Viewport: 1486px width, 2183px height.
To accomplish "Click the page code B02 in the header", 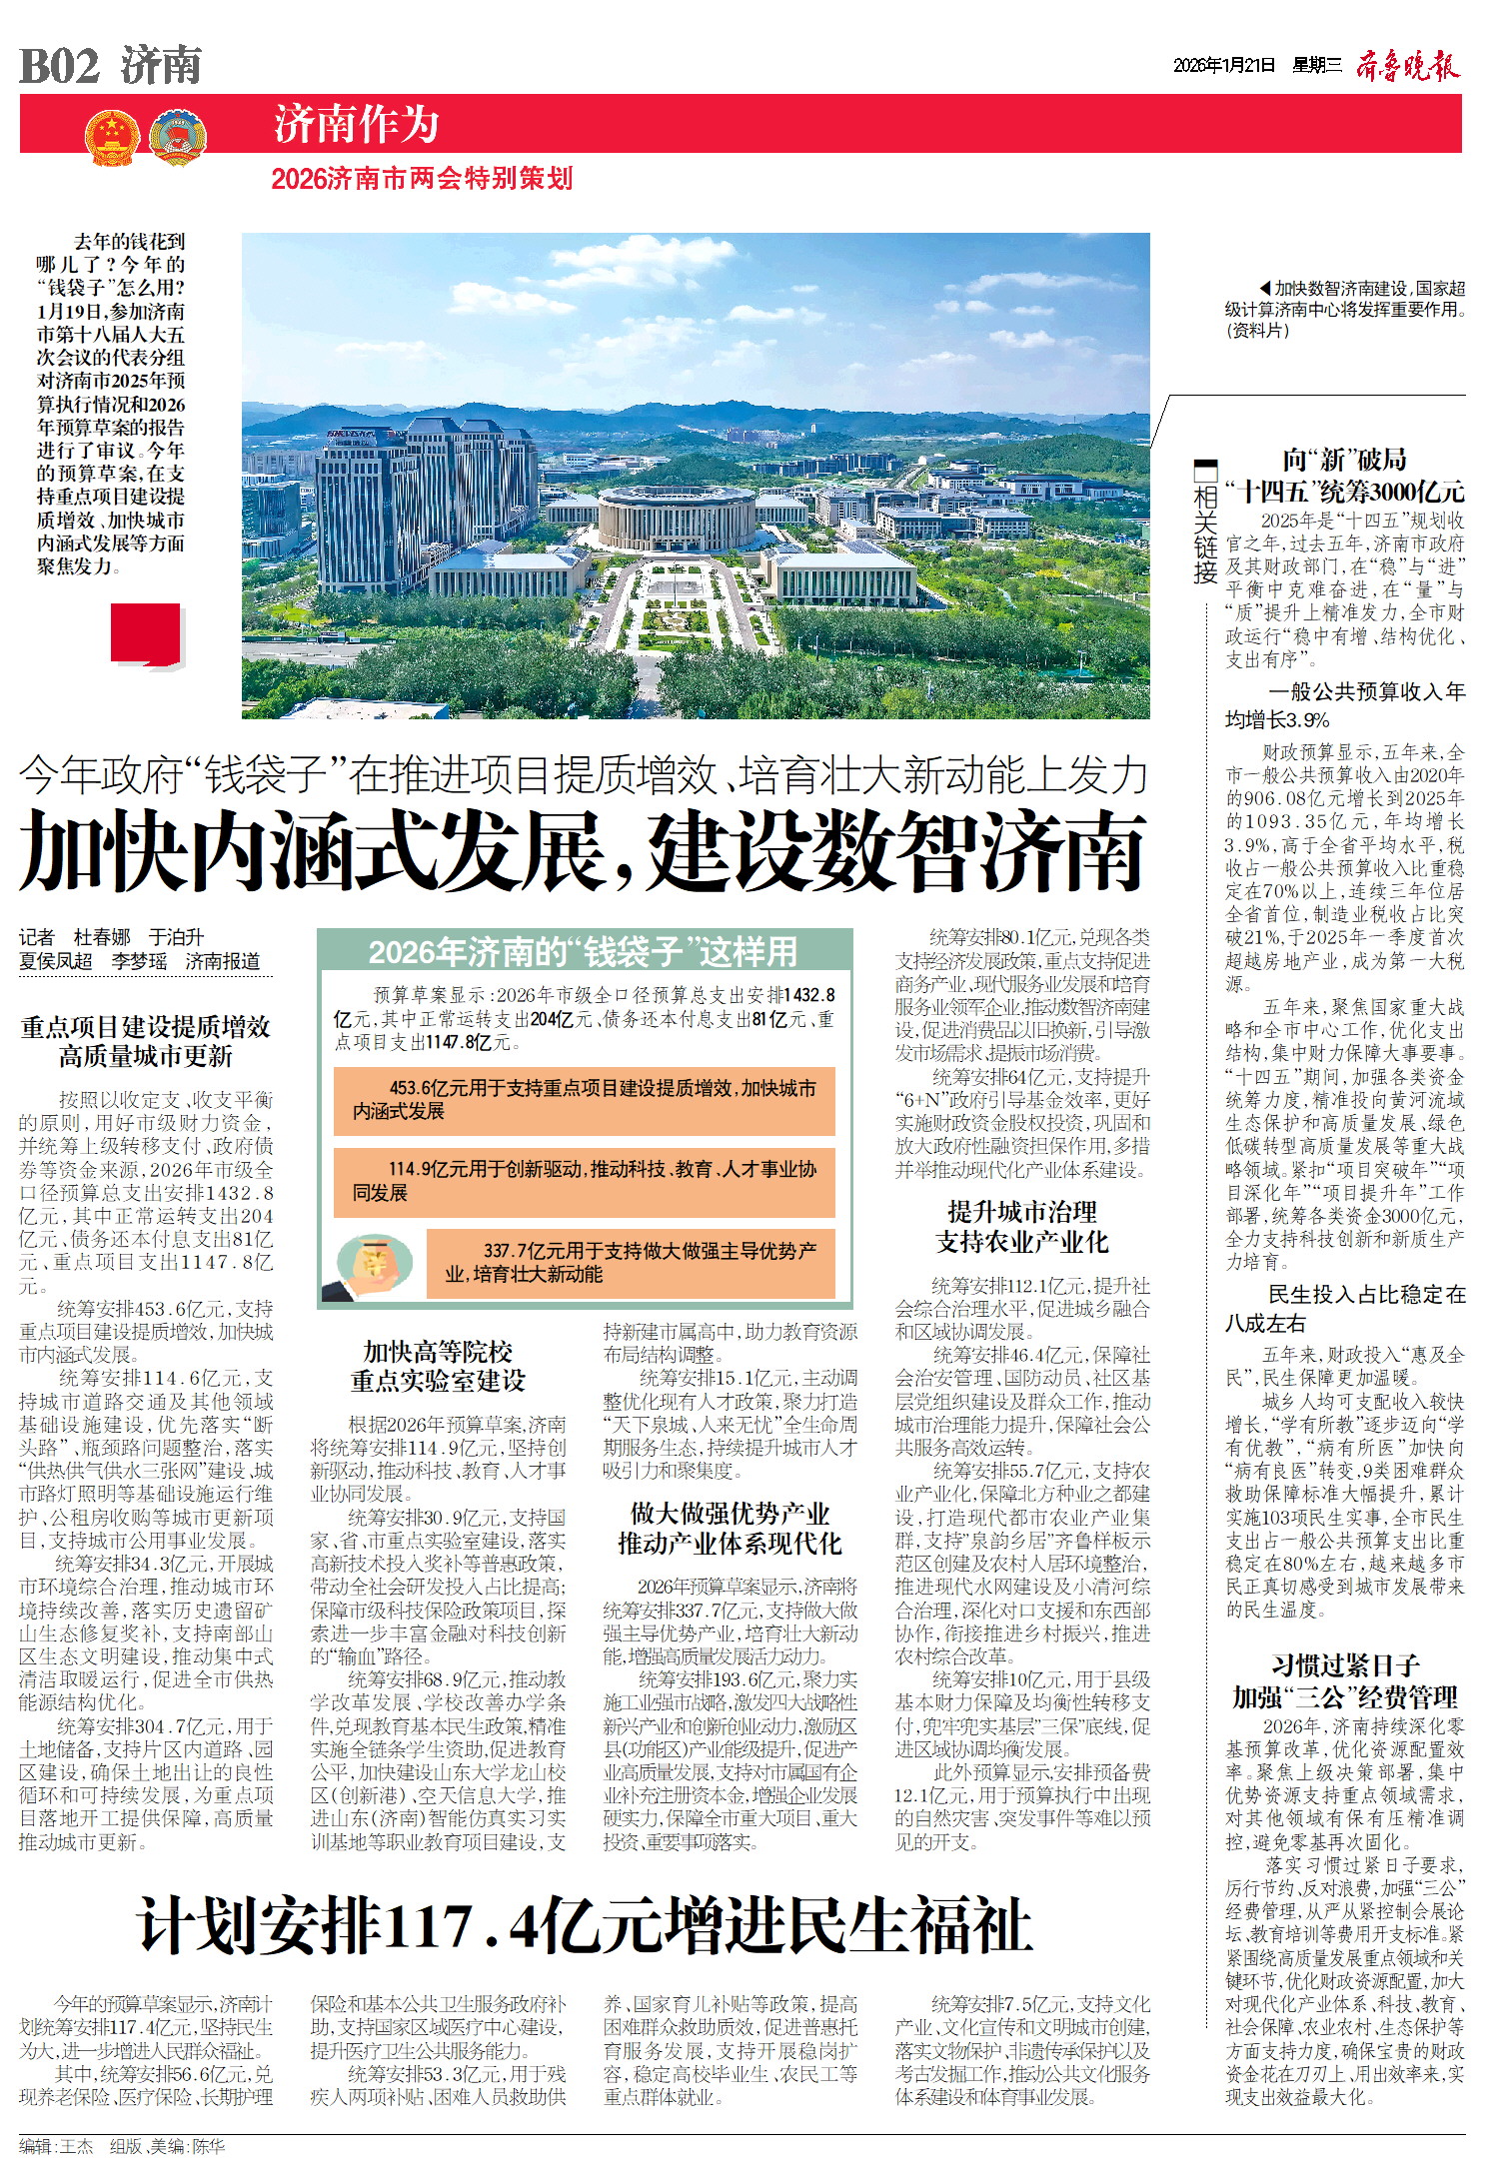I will tap(60, 67).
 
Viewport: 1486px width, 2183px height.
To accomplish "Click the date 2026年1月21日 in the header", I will tap(1224, 66).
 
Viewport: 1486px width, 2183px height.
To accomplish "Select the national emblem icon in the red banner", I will tap(110, 138).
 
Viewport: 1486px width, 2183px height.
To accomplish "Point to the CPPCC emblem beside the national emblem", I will tap(177, 138).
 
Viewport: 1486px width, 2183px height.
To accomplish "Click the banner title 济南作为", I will tap(357, 125).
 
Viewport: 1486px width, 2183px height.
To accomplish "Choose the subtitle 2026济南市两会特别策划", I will tap(422, 179).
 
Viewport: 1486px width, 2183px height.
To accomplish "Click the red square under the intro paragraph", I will tap(146, 633).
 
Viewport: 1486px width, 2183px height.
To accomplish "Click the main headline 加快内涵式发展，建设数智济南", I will tap(583, 851).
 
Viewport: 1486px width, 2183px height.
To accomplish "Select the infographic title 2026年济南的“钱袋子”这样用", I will tap(584, 951).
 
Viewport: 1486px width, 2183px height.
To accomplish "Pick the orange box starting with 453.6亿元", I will tap(584, 1100).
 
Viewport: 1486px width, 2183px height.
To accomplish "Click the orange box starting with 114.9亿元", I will tap(584, 1181).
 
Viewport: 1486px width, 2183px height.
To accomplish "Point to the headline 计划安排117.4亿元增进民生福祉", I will tap(585, 1926).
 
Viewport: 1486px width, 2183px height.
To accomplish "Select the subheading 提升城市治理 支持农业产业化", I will tap(1021, 1227).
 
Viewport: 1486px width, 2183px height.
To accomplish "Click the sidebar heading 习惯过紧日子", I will tap(1344, 1665).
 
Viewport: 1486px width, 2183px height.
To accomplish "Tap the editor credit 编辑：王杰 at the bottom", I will tap(56, 2146).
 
